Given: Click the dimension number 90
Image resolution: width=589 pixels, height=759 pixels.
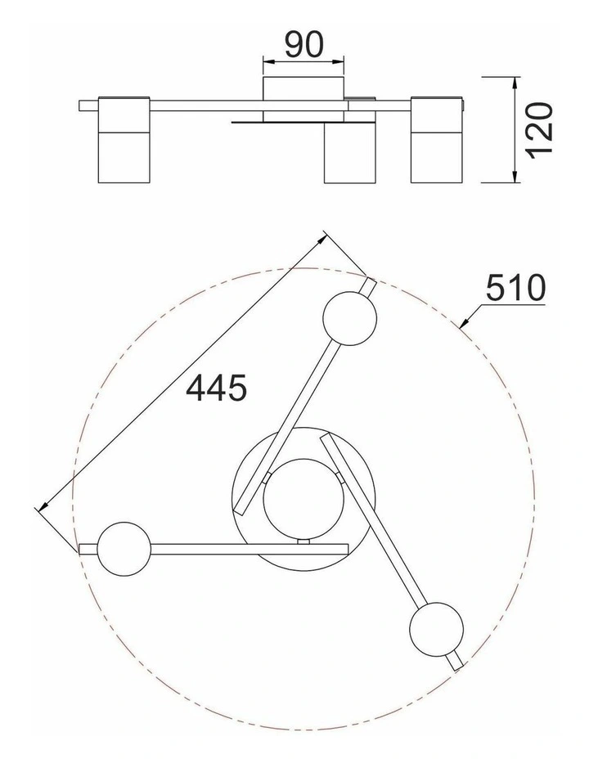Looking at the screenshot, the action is click(x=303, y=44).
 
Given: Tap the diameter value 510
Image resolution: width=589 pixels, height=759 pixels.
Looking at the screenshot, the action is click(x=515, y=288).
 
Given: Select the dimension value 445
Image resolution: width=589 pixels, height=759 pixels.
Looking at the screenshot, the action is click(x=216, y=388).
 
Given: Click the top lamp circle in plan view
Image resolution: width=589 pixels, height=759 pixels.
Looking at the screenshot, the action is click(x=349, y=318).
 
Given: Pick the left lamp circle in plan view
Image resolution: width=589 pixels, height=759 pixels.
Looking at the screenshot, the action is click(x=124, y=549).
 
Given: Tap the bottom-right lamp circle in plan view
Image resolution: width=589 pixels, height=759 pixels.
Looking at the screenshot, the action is click(x=436, y=630).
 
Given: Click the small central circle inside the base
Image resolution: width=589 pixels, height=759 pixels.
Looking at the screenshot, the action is click(x=303, y=499).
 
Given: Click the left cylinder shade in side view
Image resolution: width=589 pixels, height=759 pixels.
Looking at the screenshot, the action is click(x=124, y=140).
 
